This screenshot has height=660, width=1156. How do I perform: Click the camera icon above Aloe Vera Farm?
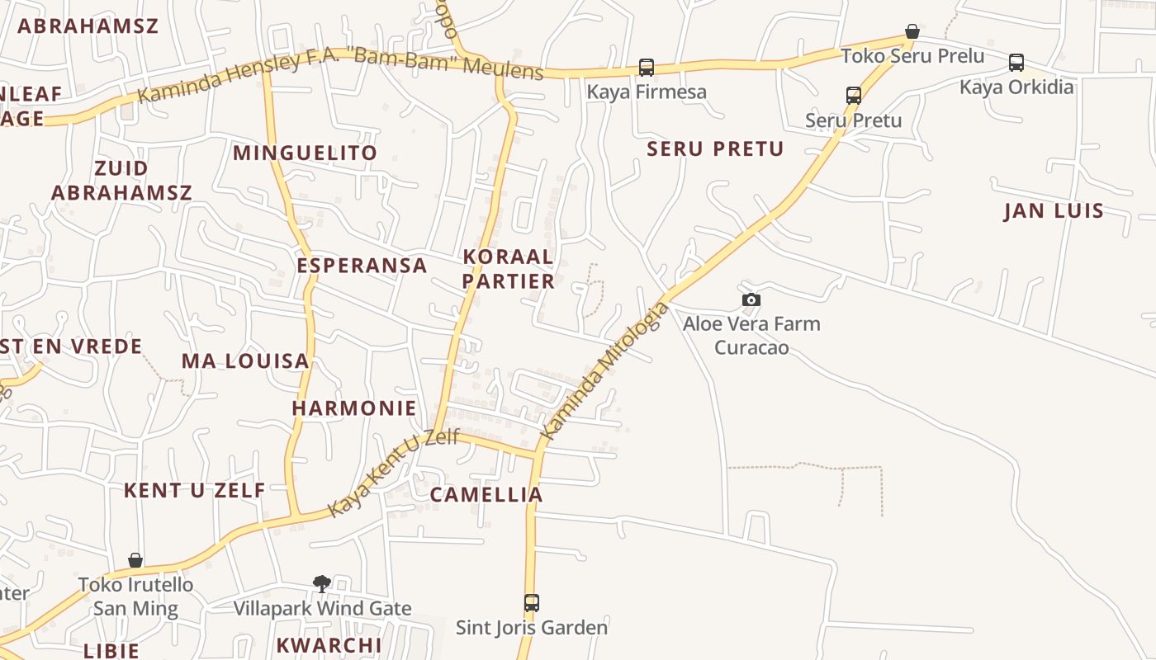751,300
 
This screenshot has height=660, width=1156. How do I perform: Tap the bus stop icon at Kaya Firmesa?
647,68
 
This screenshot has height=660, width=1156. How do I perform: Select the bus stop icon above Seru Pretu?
854,96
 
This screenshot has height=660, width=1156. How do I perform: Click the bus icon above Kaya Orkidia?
1016,63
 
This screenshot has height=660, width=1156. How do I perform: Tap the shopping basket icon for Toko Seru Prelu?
912,32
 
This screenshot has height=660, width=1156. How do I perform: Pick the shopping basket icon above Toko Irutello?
135,561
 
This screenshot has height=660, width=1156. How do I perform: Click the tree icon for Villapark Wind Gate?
322,584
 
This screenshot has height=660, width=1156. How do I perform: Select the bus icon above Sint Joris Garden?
532,603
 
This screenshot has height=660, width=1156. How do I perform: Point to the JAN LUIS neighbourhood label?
1054,210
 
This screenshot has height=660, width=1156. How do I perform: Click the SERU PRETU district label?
715,149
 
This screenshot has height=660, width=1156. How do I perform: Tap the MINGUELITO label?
305,153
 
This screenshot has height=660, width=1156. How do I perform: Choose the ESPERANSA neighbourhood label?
362,266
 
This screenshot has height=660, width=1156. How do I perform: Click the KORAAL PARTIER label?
509,269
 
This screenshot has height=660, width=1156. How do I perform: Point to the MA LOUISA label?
245,361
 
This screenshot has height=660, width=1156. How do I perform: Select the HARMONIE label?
354,408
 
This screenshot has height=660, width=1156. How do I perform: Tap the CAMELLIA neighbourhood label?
486,495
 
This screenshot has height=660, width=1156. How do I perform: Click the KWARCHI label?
329,645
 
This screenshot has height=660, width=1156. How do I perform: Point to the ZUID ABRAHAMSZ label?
121,181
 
